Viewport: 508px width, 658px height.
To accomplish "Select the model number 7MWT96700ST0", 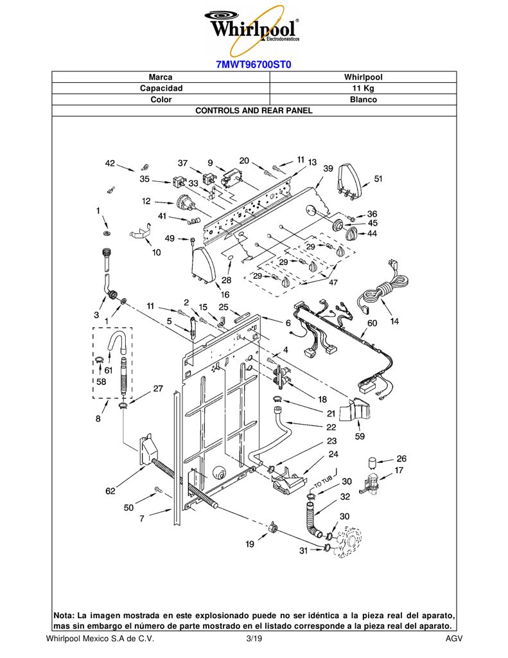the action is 254,65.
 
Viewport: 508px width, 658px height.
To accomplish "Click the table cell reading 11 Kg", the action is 363,88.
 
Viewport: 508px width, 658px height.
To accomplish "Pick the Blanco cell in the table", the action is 363,100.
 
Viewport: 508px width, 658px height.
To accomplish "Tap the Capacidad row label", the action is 161,88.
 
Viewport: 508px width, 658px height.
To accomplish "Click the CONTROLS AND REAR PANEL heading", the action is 254,111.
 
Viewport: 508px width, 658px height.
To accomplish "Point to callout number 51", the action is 378,179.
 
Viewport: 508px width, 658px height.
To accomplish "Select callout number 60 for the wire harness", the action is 372,323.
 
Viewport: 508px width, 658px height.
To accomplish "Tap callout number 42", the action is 110,163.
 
